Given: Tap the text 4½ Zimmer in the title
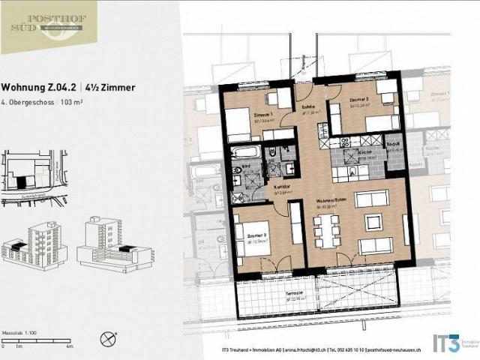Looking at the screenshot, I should [113, 88].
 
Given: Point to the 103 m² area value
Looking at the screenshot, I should [72, 101].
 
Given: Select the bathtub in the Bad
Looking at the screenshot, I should [245, 153].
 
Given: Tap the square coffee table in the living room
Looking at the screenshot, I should [372, 222].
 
